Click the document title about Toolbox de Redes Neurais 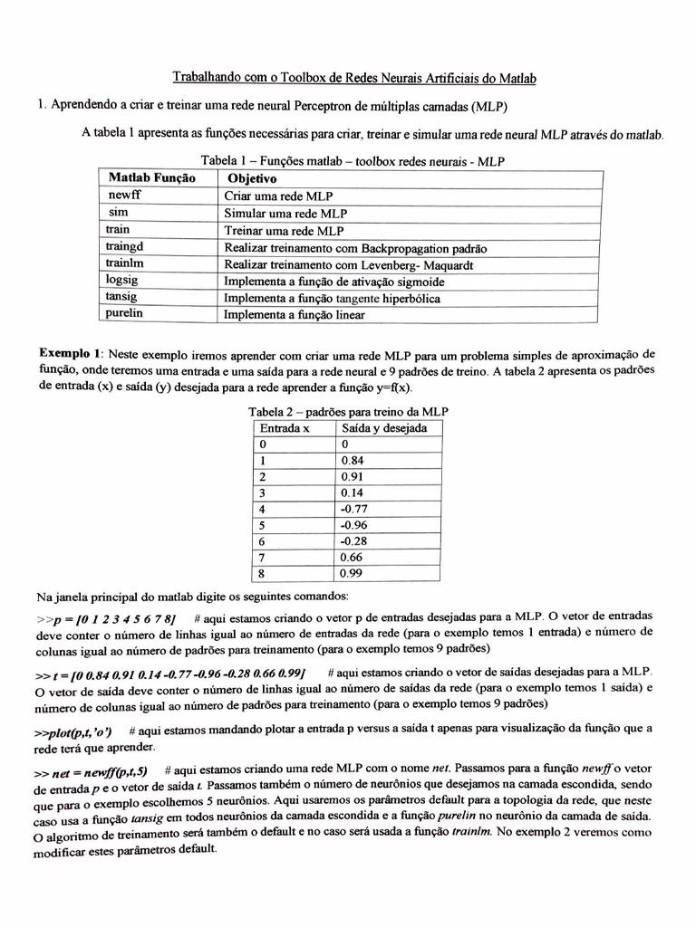[x=354, y=79]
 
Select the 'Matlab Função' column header [x=151, y=178]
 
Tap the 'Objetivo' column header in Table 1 [x=252, y=178]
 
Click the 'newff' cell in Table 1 [x=124, y=196]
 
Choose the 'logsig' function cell [x=122, y=281]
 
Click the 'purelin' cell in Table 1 [x=125, y=314]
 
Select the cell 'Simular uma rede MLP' [x=285, y=214]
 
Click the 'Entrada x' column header [x=285, y=427]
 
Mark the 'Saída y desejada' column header [x=383, y=427]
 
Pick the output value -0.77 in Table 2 [x=354, y=509]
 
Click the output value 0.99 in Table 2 [x=353, y=574]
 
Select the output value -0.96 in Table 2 [x=354, y=525]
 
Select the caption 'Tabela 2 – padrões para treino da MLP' [x=348, y=411]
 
